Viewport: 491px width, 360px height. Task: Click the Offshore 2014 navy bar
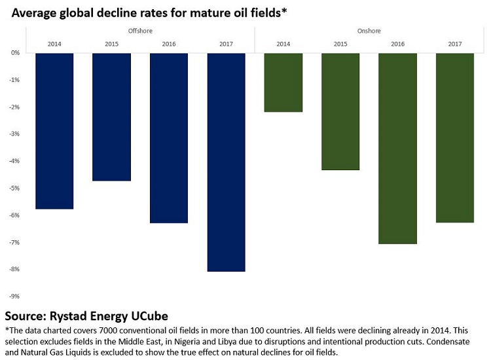54,131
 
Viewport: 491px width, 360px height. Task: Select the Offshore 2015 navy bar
111,117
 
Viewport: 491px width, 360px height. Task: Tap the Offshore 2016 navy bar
169,137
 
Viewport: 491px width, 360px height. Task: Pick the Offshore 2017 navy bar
226,162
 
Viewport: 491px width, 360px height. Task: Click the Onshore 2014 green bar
283,82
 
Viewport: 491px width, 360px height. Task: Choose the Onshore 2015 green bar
340,111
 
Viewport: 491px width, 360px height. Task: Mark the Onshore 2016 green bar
398,148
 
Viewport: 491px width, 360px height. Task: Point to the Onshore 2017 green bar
455,137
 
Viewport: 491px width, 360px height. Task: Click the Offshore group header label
140,31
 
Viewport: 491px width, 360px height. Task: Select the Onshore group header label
369,31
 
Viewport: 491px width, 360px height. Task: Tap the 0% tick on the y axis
15,53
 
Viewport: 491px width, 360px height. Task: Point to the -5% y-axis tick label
14,188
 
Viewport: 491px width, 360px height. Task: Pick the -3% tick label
14,134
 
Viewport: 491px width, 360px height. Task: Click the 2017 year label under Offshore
226,43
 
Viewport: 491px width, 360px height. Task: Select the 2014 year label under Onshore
283,43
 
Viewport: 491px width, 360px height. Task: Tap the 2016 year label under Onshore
398,43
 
